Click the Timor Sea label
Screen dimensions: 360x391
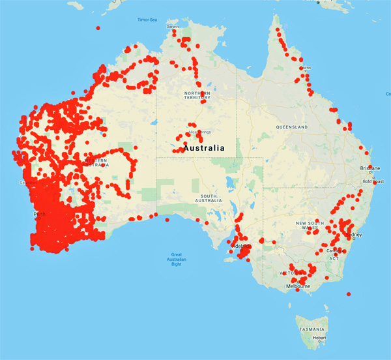click(147, 20)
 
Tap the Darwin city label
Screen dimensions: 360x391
click(173, 27)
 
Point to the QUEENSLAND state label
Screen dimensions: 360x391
click(291, 127)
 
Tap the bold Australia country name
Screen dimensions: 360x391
click(204, 148)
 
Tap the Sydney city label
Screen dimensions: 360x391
click(355, 235)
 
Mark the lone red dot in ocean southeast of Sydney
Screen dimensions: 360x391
click(349, 294)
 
